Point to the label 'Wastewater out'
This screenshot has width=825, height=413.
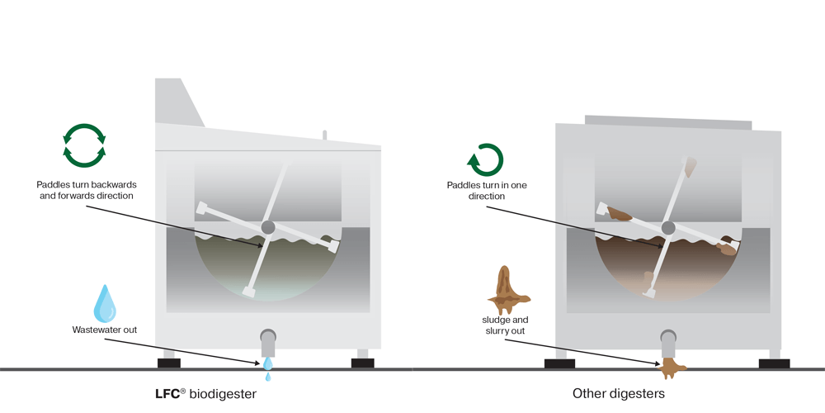tap(105, 330)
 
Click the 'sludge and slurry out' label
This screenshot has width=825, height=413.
tap(505, 325)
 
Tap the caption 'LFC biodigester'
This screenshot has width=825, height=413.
tap(206, 393)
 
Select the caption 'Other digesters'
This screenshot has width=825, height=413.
tap(619, 393)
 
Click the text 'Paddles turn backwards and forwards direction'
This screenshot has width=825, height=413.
tap(87, 190)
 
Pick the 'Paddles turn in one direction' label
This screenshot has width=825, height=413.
tap(487, 191)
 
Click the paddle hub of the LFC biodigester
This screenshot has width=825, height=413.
tap(268, 227)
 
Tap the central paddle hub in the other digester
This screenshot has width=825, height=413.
tap(668, 228)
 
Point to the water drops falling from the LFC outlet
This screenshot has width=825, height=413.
tap(268, 368)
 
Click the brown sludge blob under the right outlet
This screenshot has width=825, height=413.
tap(670, 368)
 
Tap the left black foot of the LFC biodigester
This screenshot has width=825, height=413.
tap(169, 363)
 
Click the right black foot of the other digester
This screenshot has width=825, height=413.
tap(775, 363)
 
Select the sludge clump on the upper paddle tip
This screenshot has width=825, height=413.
tap(690, 167)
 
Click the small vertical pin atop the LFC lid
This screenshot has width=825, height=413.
tap(324, 135)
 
